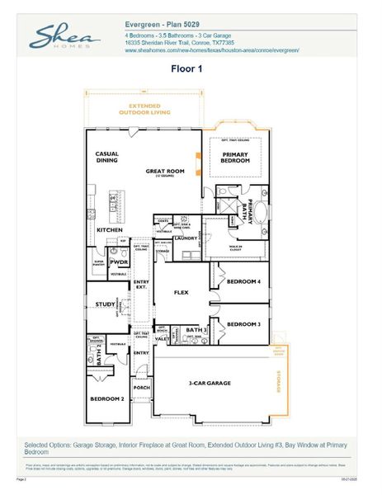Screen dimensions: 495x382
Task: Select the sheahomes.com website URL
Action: (211, 50)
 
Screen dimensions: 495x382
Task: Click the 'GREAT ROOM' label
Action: (164, 172)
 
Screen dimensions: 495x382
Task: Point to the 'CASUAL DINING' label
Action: (107, 158)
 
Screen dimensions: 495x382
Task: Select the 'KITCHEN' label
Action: (110, 229)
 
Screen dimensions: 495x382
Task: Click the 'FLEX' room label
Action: (182, 292)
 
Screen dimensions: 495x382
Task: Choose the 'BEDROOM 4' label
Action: (243, 282)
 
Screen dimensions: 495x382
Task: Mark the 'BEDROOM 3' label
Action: (243, 324)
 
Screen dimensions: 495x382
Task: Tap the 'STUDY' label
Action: (104, 304)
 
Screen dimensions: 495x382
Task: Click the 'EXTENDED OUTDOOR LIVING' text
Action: (139, 108)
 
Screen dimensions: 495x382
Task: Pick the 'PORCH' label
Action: (141, 386)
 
